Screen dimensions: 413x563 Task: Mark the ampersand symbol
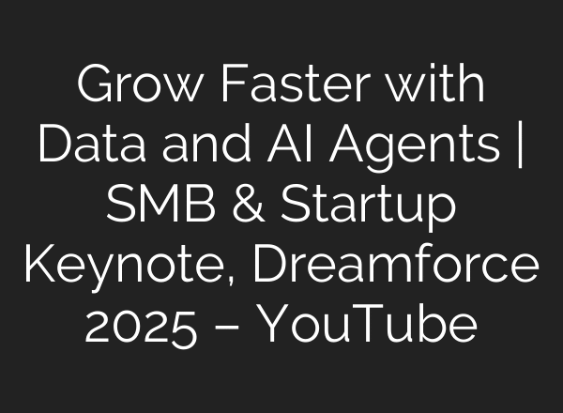tap(245, 206)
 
